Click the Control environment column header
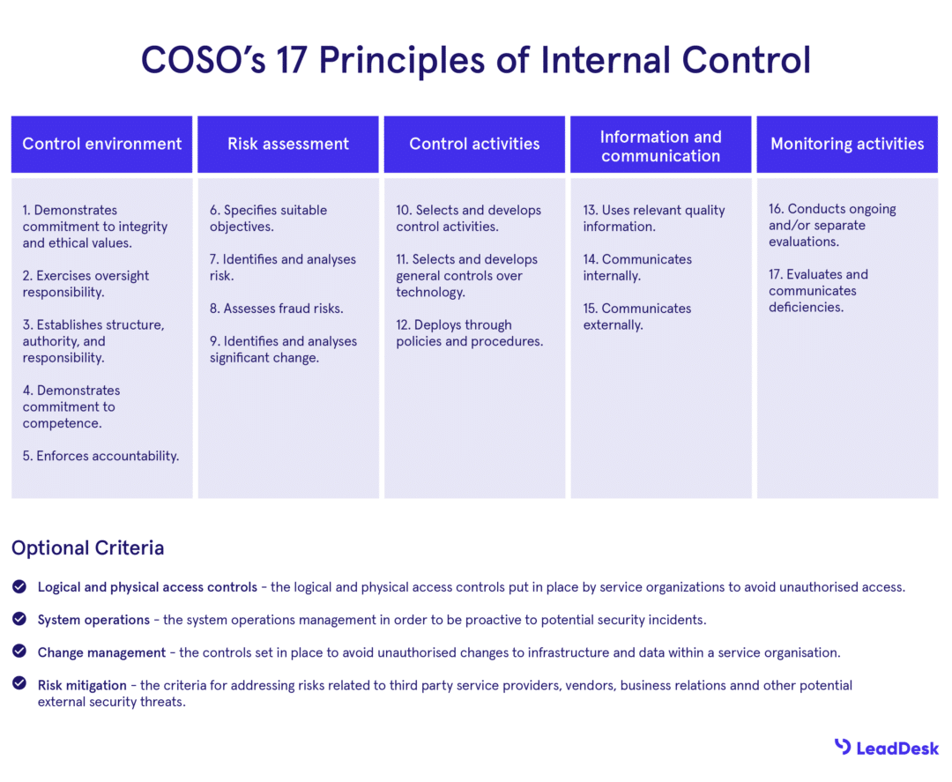(x=101, y=144)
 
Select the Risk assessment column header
(x=288, y=144)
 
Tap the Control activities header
(x=474, y=144)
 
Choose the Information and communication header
(x=660, y=145)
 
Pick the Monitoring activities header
(x=847, y=144)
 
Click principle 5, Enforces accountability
(x=100, y=456)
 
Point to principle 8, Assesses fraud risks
(x=276, y=309)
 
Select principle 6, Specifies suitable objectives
(x=268, y=218)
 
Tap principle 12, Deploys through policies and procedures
(x=469, y=333)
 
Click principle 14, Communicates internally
(x=636, y=267)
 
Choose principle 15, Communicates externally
(x=636, y=317)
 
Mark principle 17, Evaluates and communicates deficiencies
(x=818, y=291)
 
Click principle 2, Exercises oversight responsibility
(x=86, y=284)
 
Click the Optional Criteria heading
(x=87, y=547)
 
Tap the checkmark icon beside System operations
(x=19, y=619)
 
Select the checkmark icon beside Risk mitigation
(x=19, y=683)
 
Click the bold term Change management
(x=101, y=652)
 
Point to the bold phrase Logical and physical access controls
(x=147, y=587)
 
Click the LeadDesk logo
(x=886, y=748)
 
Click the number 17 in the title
(x=290, y=60)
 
